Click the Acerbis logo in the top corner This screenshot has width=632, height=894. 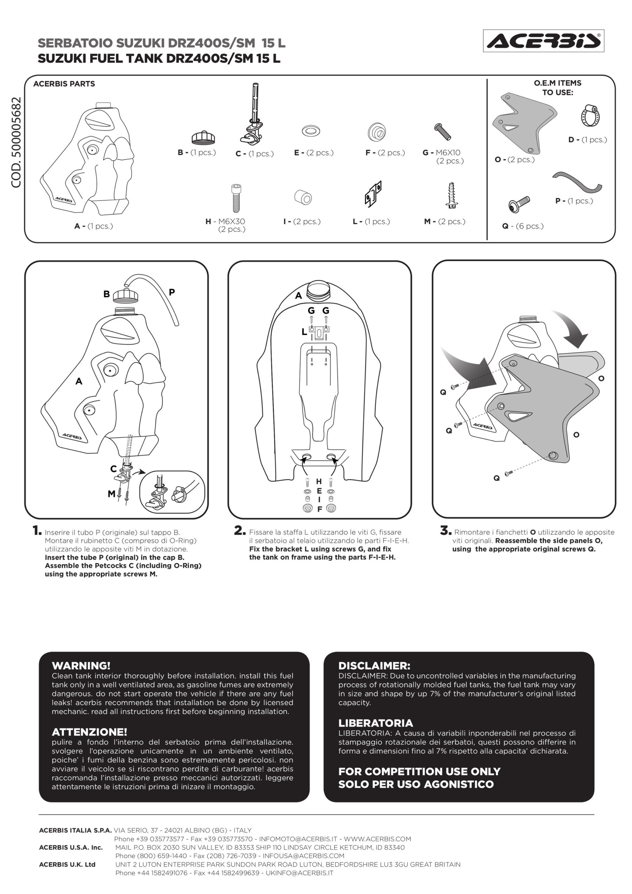click(x=544, y=41)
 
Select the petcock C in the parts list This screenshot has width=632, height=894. click(x=251, y=114)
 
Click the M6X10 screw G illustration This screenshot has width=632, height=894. click(x=443, y=132)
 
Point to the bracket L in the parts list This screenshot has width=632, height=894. click(x=373, y=193)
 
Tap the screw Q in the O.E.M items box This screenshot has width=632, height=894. click(x=519, y=204)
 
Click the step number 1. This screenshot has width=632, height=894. click(x=37, y=530)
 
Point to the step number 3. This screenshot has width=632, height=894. click(x=446, y=530)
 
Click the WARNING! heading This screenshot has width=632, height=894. click(x=81, y=666)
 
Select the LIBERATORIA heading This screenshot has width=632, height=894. click(x=375, y=723)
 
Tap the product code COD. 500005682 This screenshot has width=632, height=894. click(x=16, y=142)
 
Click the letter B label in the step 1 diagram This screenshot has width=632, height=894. click(x=106, y=294)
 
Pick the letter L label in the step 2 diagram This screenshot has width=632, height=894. click(x=304, y=332)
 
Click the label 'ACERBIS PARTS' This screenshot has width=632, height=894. click(x=64, y=84)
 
